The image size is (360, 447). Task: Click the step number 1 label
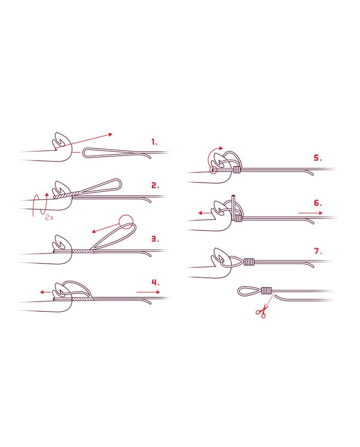154,142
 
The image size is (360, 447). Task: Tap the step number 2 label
155,186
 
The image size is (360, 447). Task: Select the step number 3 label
155,239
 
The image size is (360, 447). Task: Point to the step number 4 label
155,282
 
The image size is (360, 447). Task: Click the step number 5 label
318,157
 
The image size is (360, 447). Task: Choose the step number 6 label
318,203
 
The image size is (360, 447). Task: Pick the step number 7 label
318,251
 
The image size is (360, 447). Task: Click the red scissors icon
262,311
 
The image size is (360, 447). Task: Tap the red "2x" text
49,218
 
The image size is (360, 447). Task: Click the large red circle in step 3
125,222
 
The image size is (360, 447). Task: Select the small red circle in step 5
213,170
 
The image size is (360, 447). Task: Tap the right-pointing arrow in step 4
148,292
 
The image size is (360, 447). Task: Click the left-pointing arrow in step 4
46,292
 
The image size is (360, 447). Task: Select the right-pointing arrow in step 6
311,213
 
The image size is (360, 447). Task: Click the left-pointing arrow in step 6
205,213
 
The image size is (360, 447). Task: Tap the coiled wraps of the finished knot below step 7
266,291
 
